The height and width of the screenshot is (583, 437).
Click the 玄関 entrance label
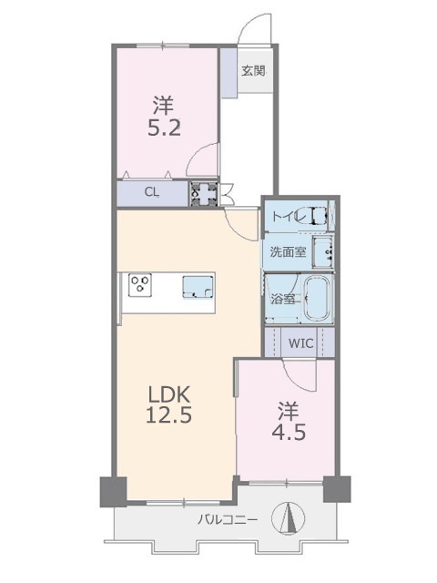[x=253, y=71]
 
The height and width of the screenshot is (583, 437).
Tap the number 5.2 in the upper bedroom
[x=164, y=128]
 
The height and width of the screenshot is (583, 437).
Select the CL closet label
[x=152, y=192]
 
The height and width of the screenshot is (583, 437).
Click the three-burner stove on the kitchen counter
[x=140, y=285]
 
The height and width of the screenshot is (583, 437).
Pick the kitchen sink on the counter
[x=198, y=287]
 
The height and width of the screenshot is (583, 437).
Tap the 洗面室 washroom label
[x=288, y=252]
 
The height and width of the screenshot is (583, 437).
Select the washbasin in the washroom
[x=322, y=251]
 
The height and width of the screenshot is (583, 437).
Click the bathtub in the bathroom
[x=319, y=299]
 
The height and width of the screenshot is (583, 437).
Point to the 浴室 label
[x=283, y=299]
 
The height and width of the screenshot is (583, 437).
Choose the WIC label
[x=300, y=343]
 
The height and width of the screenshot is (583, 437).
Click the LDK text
[x=169, y=394]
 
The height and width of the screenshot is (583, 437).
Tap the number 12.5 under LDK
[x=168, y=414]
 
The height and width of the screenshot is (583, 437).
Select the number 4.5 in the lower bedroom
[x=290, y=432]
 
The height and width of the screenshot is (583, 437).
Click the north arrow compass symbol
[x=289, y=517]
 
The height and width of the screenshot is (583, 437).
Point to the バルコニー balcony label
[x=227, y=519]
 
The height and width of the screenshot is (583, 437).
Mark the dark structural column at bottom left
[x=113, y=492]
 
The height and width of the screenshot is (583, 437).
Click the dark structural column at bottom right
[x=337, y=489]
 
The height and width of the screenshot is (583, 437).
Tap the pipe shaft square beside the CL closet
[x=204, y=193]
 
